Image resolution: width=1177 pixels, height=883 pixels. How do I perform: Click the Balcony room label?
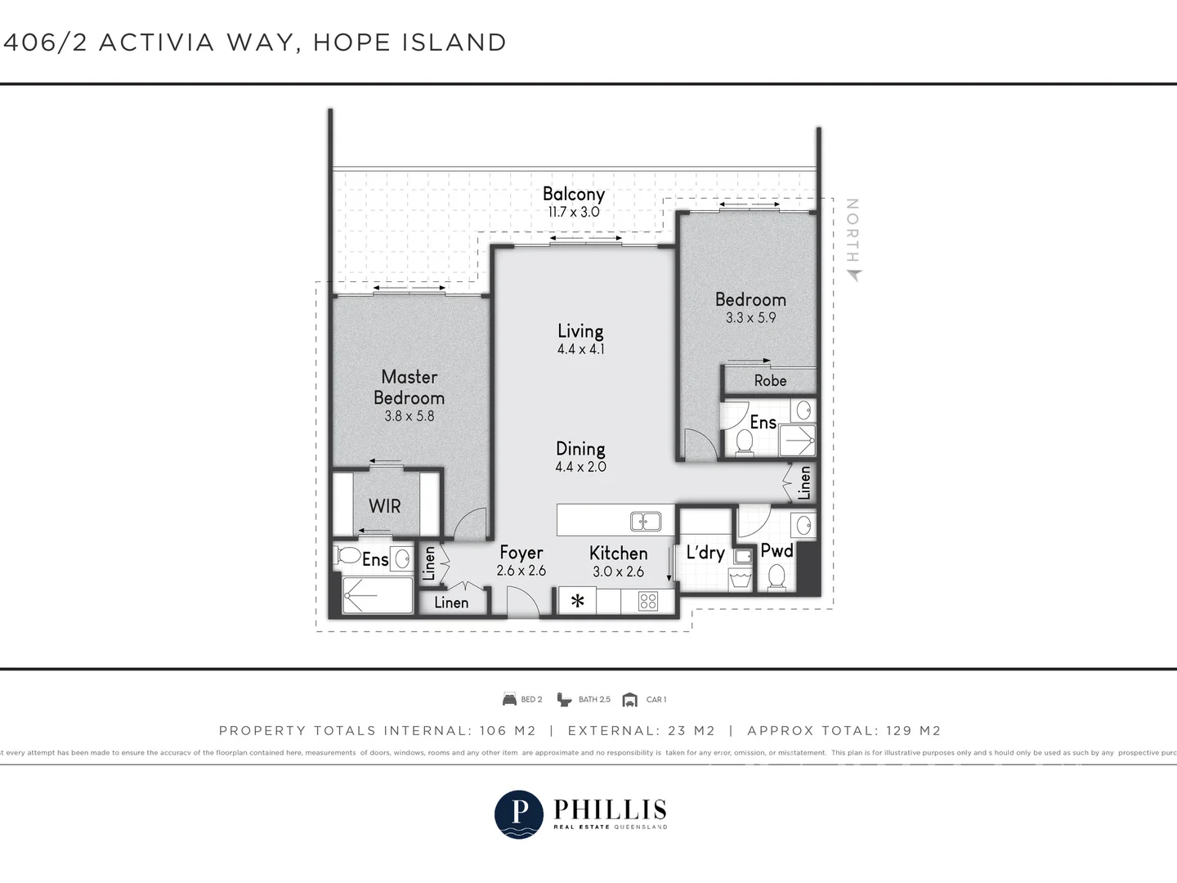click(574, 194)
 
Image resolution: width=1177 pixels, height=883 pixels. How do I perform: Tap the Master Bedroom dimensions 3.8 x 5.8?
click(409, 416)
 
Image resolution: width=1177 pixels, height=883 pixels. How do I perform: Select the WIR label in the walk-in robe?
click(385, 506)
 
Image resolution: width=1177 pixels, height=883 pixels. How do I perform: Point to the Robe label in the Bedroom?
click(770, 381)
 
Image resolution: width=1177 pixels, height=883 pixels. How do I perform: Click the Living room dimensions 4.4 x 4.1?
click(580, 349)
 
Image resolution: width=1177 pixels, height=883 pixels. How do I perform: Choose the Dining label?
click(580, 449)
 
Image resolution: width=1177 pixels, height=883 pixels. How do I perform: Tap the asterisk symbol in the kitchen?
click(578, 602)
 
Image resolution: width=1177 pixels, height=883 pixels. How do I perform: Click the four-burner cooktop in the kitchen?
click(648, 602)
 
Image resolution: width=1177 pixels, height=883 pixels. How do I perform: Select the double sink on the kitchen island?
click(646, 520)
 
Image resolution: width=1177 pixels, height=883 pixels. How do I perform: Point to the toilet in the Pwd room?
click(776, 577)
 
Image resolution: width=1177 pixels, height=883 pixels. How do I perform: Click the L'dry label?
click(705, 553)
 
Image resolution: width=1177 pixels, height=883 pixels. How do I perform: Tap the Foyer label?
click(521, 554)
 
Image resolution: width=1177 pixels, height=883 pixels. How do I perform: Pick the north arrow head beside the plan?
click(854, 276)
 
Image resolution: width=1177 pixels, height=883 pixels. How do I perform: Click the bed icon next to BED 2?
click(509, 699)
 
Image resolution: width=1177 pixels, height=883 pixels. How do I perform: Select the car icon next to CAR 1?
click(629, 699)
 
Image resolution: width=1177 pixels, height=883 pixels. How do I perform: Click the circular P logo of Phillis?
click(519, 814)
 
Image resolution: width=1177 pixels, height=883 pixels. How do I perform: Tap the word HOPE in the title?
click(351, 43)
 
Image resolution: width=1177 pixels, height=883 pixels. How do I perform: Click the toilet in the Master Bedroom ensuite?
click(349, 556)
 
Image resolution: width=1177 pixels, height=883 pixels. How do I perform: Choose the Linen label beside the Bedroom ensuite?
click(804, 483)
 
